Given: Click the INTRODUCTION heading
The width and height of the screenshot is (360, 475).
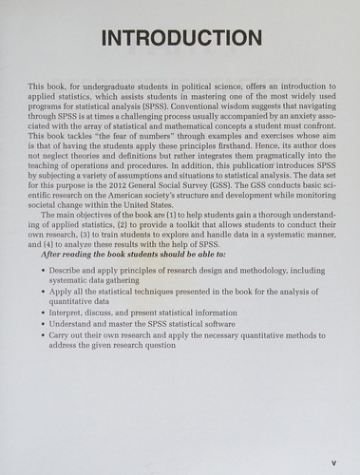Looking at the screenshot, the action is click(180, 39).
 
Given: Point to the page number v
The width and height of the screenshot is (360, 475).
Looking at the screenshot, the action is click(334, 463).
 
